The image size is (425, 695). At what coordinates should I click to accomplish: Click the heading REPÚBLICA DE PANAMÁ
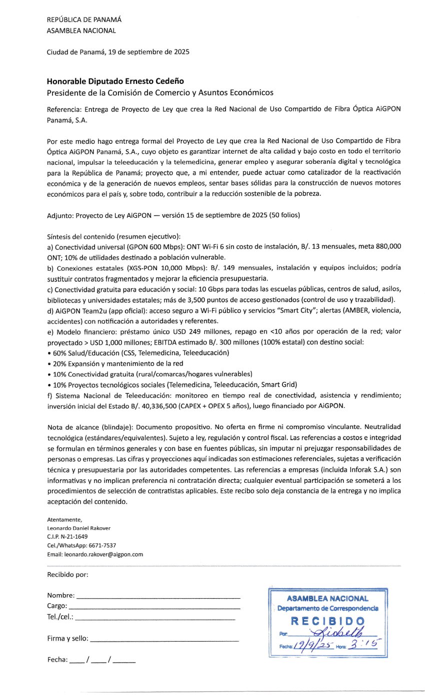pos(84,20)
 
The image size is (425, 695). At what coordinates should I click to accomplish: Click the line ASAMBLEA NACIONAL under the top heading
pos(81,30)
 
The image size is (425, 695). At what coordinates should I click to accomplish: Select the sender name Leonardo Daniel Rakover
pos(78,528)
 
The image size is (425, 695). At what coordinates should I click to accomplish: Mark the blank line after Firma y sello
pos(164,640)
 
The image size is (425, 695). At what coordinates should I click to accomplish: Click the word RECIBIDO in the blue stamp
pos(327,621)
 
